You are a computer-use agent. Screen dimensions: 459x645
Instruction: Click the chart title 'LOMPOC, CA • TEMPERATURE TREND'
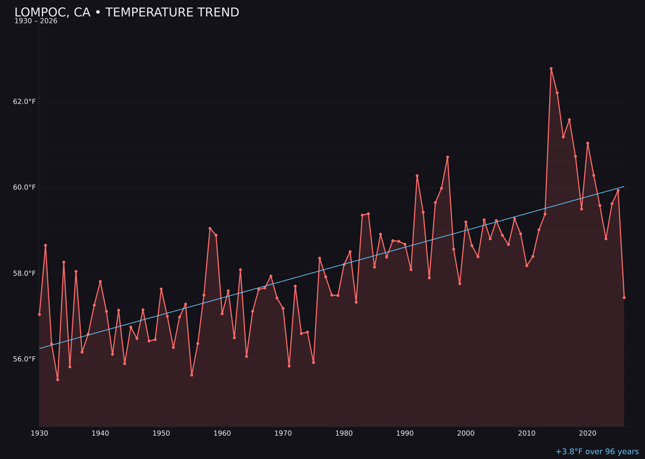127,13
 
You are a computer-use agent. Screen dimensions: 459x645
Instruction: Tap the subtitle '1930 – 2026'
36,22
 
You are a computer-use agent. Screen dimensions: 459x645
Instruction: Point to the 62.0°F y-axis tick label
24,102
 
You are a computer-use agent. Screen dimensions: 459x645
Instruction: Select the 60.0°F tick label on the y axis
24,188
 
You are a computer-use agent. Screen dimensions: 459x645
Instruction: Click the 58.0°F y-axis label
24,274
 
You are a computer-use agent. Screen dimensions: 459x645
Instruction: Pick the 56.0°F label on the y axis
24,359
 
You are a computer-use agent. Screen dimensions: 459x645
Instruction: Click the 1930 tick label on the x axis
39,433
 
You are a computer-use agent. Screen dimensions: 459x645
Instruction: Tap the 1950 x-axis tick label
161,433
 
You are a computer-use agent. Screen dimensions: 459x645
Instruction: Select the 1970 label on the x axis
283,433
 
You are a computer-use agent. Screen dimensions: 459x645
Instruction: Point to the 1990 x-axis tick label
405,433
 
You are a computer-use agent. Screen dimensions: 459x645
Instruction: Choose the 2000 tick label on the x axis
466,433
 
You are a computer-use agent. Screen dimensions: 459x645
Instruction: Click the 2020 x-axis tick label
588,433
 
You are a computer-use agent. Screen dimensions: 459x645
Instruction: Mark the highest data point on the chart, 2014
551,69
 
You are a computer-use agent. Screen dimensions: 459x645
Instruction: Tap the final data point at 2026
624,298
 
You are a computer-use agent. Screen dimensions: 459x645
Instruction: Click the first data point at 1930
39,314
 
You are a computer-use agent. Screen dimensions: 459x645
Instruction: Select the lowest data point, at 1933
57,380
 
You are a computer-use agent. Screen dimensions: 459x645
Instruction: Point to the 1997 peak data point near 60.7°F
447,157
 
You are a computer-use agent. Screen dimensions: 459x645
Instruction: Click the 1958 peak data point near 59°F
210,228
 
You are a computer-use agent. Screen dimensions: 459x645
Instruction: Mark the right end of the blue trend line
624,186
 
